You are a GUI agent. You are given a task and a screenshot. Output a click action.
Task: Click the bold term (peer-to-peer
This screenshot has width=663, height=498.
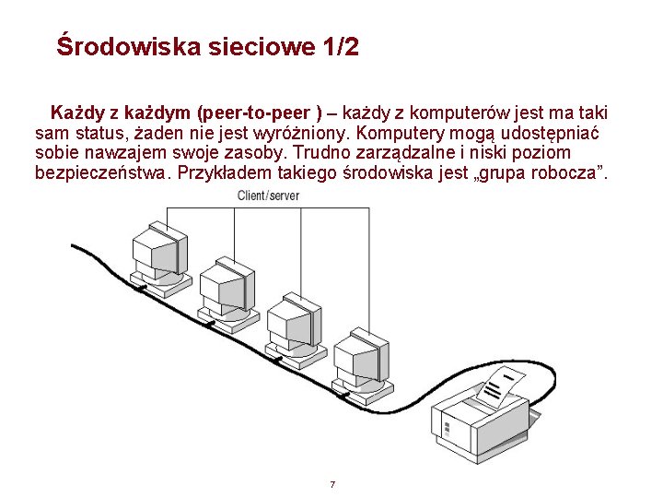(254, 113)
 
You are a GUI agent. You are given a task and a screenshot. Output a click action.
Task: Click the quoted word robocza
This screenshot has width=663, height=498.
(571, 172)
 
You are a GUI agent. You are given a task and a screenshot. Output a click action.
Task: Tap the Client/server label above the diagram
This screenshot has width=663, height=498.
(268, 196)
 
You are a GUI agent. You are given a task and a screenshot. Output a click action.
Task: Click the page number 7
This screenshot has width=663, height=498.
(331, 484)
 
